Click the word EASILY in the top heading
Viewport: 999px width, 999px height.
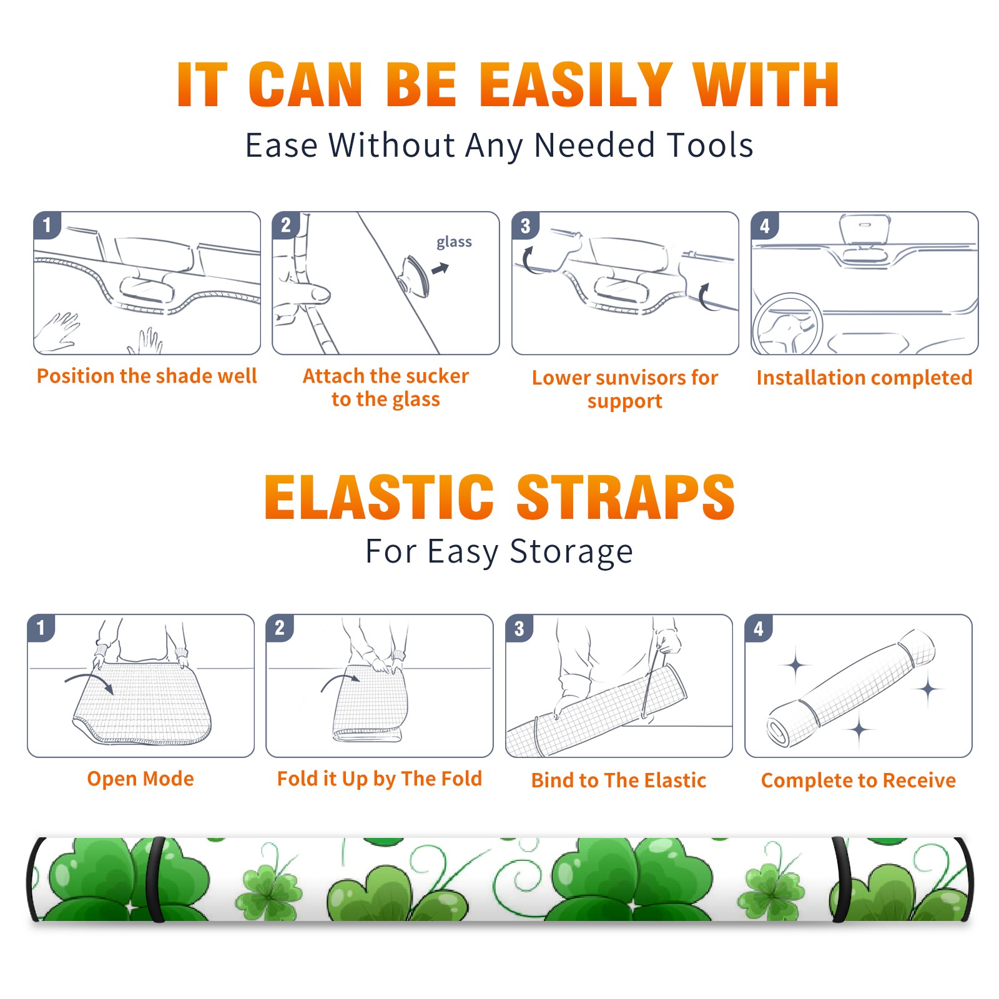(x=575, y=85)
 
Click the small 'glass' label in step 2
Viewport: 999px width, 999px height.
(x=454, y=242)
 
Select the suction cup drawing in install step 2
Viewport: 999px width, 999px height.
(x=414, y=275)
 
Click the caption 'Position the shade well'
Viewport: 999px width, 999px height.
(x=147, y=376)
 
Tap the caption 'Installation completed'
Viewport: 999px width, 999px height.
(x=864, y=377)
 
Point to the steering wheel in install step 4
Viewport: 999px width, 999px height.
(x=788, y=325)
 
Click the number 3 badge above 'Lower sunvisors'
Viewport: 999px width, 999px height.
(x=525, y=225)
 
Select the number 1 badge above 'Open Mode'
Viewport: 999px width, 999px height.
(x=41, y=627)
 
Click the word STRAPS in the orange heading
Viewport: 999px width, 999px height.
(x=626, y=497)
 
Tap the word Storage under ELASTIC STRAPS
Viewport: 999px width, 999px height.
(x=571, y=552)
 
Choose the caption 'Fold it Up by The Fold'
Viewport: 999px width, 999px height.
(x=380, y=779)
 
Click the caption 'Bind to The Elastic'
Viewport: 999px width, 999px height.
(x=619, y=780)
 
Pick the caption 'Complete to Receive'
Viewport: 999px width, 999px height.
(x=859, y=780)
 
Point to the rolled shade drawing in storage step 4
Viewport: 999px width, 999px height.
(x=852, y=688)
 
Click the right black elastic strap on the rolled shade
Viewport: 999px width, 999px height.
(x=840, y=880)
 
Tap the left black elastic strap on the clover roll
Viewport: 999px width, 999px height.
(x=156, y=880)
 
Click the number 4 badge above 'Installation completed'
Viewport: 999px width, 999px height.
(x=765, y=225)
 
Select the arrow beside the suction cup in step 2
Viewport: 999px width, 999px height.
(x=441, y=268)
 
